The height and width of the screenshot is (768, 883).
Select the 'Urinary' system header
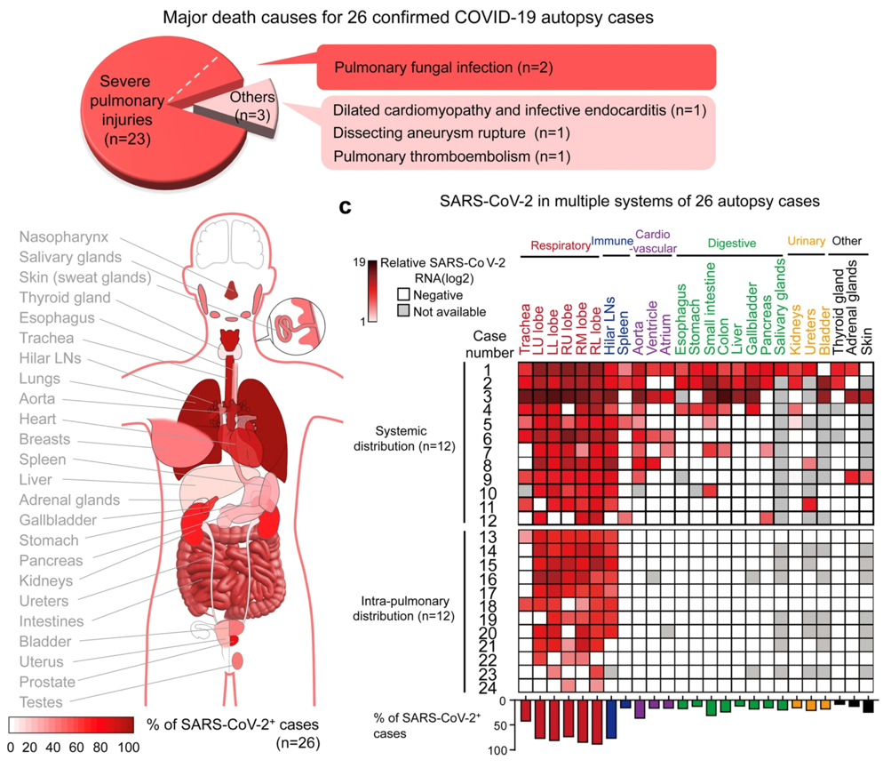806,242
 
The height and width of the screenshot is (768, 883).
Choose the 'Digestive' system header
731,242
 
